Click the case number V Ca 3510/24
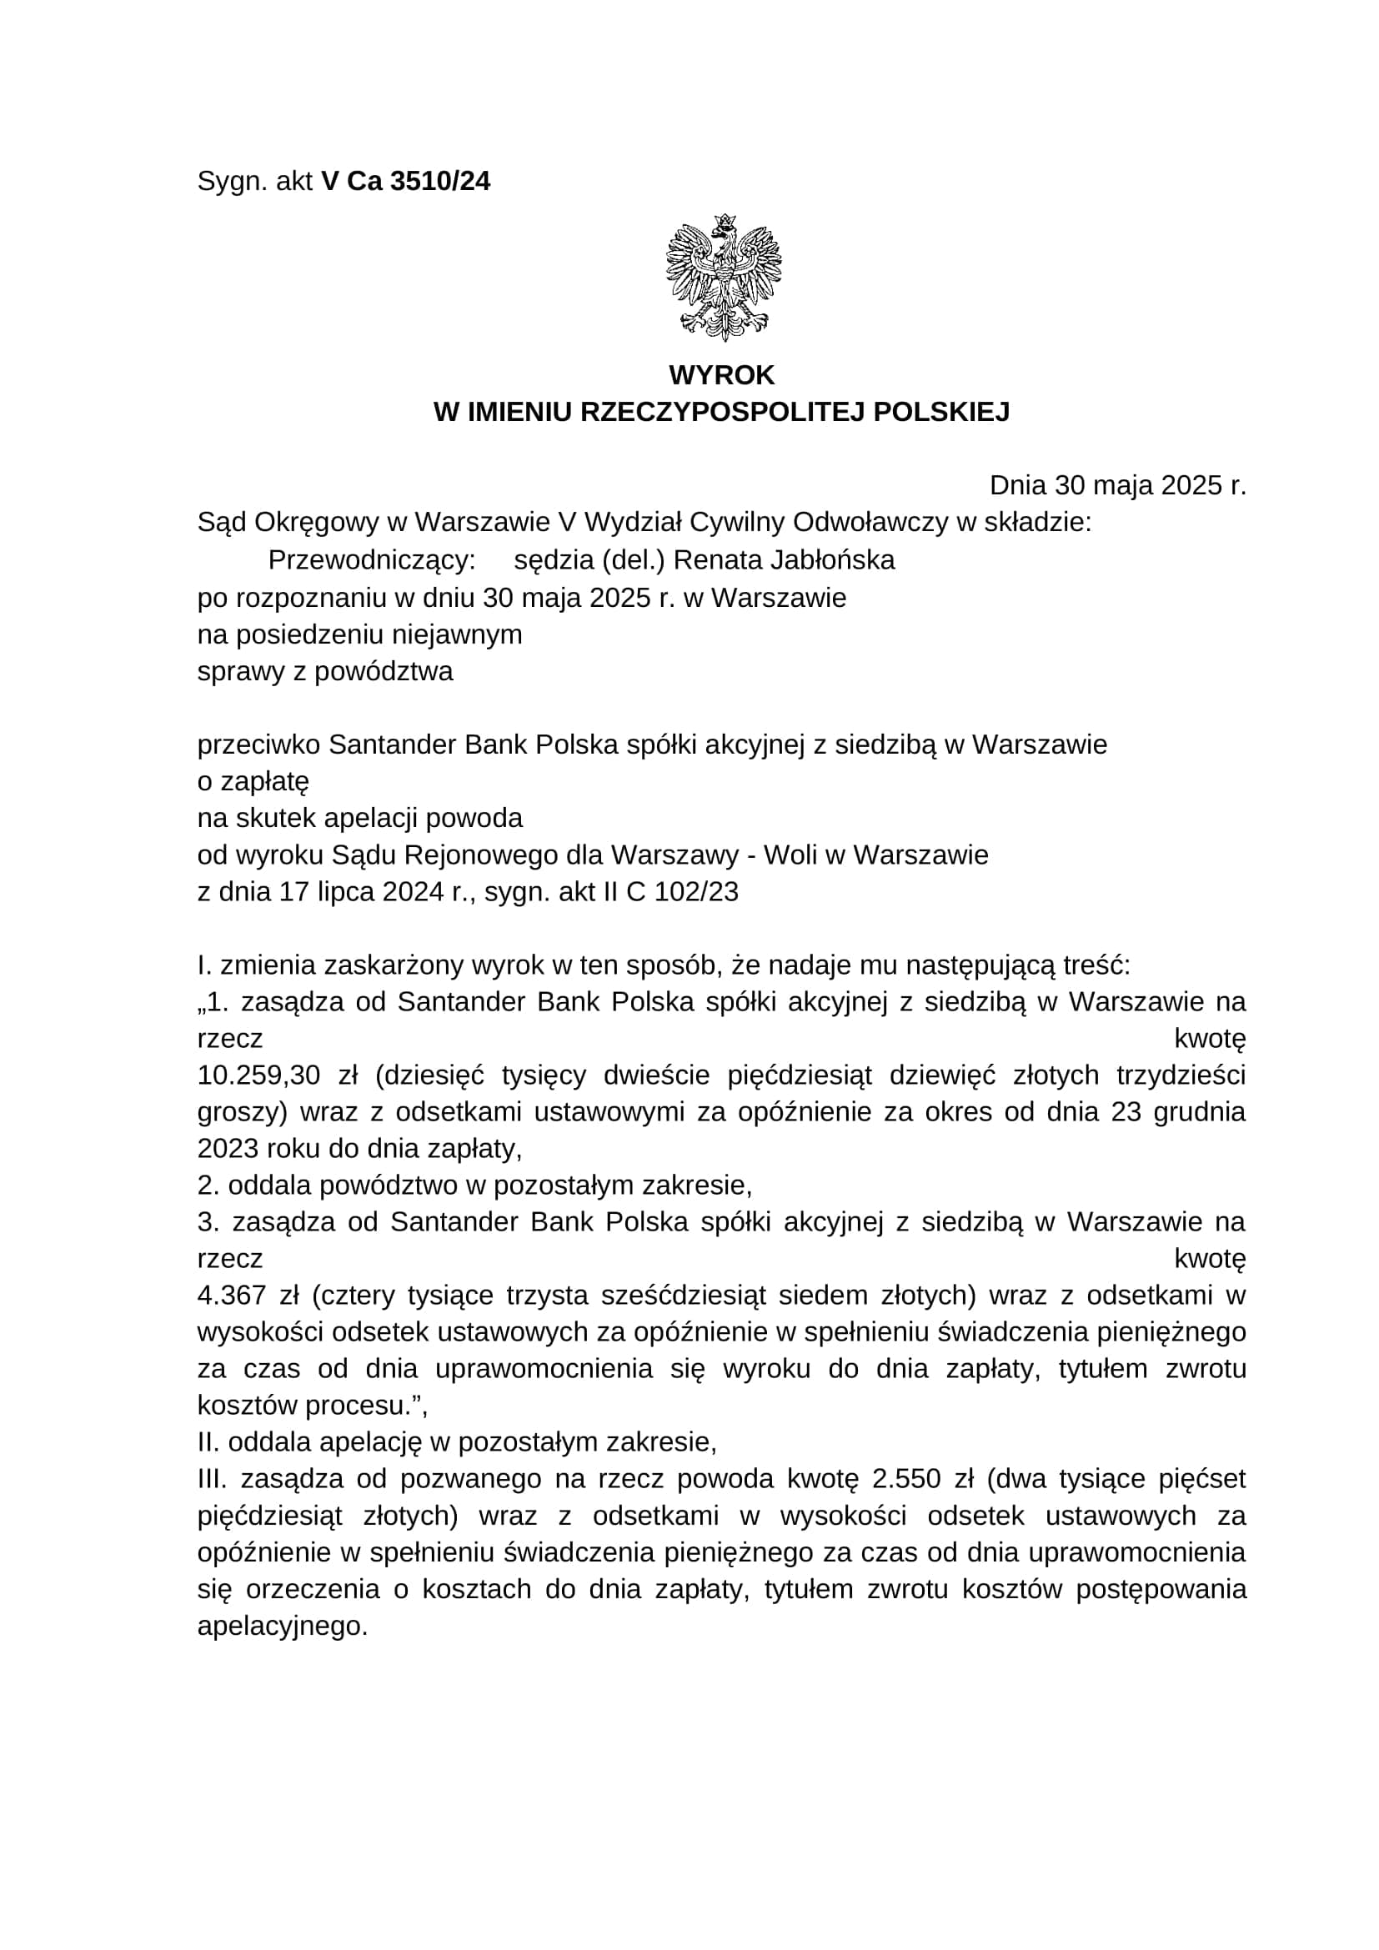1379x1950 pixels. click(x=405, y=182)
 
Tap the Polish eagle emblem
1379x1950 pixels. click(x=723, y=277)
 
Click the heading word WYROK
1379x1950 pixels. click(x=722, y=375)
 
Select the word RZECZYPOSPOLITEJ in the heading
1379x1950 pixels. click(x=724, y=413)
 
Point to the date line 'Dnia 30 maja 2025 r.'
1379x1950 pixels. click(x=1117, y=486)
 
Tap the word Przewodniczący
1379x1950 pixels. click(x=371, y=560)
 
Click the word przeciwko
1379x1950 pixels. click(x=259, y=744)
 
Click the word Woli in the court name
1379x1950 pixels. click(x=790, y=855)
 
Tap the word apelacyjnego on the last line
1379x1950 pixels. click(x=282, y=1627)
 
